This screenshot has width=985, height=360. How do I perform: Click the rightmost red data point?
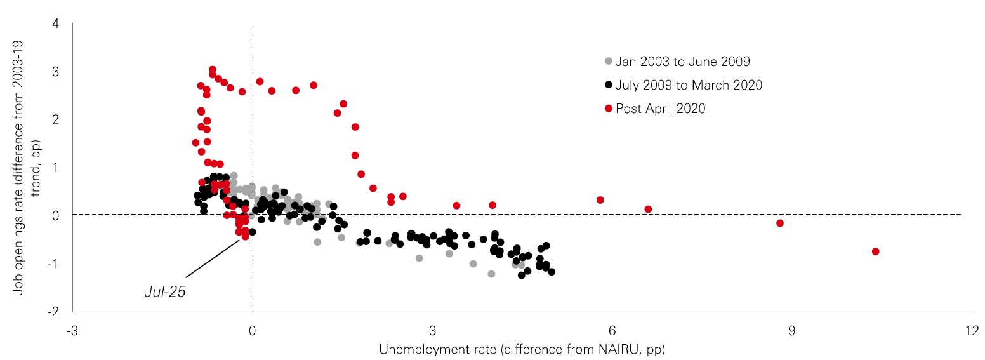click(x=876, y=251)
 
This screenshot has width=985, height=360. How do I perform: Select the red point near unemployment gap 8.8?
click(x=780, y=223)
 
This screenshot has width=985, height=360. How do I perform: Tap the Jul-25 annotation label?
click(x=165, y=293)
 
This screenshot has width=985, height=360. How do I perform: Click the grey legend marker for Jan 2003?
click(x=609, y=62)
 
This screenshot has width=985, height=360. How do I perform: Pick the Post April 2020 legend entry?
click(x=660, y=109)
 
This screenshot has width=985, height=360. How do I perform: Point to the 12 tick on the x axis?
click(x=971, y=331)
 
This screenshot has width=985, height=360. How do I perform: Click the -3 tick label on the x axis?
click(x=72, y=331)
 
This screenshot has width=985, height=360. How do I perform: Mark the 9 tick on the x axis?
click(x=791, y=331)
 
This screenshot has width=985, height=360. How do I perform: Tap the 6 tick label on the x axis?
click(x=612, y=331)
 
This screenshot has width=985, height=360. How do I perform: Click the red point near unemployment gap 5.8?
click(x=600, y=200)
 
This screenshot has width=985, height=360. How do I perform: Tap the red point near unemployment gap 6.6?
click(x=648, y=209)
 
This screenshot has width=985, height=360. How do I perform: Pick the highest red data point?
click(x=213, y=69)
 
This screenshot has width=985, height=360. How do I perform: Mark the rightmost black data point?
click(x=552, y=272)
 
